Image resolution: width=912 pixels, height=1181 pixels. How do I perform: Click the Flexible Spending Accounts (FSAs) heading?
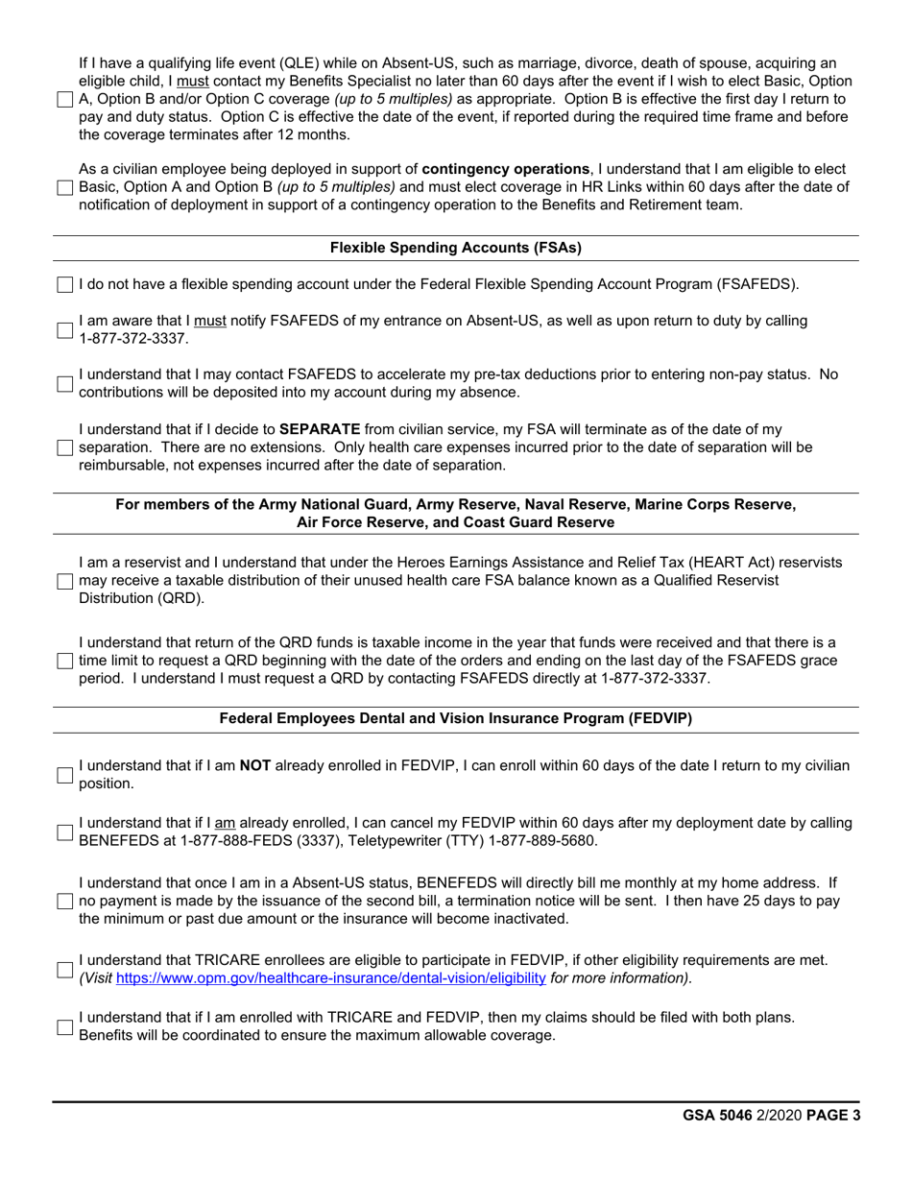coord(455,248)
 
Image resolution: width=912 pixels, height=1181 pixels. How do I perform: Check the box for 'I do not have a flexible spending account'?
coord(64,284)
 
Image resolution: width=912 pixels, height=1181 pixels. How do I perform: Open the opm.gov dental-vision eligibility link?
coord(331,977)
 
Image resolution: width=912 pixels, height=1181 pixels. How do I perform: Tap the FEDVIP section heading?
coord(455,718)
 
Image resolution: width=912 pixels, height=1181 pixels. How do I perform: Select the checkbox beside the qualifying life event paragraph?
coord(64,99)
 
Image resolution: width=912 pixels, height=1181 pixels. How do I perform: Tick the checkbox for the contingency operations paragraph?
coord(64,187)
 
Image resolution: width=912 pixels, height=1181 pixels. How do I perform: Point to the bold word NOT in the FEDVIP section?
coord(254,765)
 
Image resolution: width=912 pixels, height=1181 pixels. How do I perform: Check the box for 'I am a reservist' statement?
coord(64,581)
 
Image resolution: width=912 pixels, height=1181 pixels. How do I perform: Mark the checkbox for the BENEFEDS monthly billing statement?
coord(64,901)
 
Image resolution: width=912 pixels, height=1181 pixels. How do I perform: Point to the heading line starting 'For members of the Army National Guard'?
coord(455,505)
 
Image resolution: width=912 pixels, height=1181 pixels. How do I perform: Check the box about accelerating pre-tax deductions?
coord(64,383)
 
